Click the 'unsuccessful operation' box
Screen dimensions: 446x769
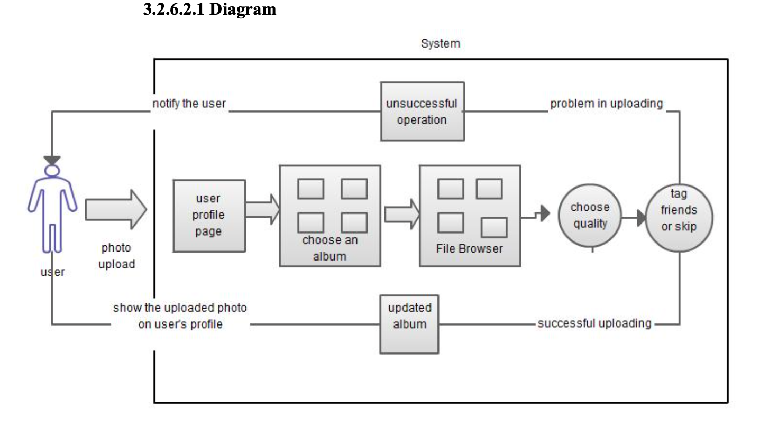tap(422, 111)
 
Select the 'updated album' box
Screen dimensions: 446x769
tap(409, 324)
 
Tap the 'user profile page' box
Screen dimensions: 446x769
tap(209, 216)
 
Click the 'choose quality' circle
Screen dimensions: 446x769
tap(590, 216)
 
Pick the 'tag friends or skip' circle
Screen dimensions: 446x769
tap(679, 217)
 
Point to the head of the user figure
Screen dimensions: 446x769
tap(52, 171)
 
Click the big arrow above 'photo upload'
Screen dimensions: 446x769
tap(115, 209)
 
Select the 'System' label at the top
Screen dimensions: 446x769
tap(440, 43)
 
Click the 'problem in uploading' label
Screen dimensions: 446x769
tap(606, 104)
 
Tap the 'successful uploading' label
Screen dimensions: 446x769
tap(594, 323)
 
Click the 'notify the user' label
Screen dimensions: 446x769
tap(189, 104)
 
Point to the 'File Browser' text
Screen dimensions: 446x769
tap(469, 249)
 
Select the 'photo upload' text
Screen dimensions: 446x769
tap(116, 256)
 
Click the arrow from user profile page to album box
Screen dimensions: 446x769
tap(263, 209)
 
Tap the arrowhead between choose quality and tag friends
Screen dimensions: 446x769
tap(642, 217)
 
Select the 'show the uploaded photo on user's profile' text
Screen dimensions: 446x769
tap(180, 316)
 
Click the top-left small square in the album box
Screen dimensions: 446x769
tap(310, 189)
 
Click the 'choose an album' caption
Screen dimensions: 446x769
tap(329, 248)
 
